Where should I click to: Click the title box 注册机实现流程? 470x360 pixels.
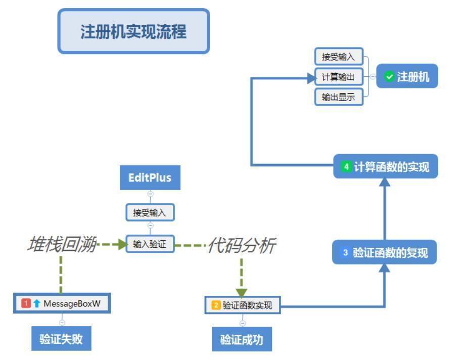click(x=133, y=31)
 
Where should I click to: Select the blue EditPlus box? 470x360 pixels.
click(x=150, y=178)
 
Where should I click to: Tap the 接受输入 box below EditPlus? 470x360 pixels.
click(x=150, y=213)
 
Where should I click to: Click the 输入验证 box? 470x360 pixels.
click(x=150, y=245)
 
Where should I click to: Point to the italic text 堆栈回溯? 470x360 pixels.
click(x=61, y=245)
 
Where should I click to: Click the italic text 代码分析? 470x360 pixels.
click(x=242, y=246)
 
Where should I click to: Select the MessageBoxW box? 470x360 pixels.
click(x=62, y=303)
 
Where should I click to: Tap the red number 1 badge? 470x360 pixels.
click(x=26, y=303)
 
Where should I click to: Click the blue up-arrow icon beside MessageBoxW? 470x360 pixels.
click(x=37, y=303)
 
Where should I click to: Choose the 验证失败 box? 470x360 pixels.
click(x=61, y=339)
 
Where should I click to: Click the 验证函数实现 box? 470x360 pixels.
click(x=242, y=305)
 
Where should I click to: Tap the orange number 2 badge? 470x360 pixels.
click(x=216, y=305)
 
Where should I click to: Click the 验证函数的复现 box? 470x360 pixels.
click(x=384, y=252)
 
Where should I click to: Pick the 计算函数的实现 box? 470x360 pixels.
click(x=386, y=167)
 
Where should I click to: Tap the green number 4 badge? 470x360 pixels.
click(x=346, y=167)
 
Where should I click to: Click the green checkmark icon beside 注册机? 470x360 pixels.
click(x=389, y=77)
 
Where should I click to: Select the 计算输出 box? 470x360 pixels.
click(x=339, y=77)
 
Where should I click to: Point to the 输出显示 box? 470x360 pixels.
click(x=339, y=97)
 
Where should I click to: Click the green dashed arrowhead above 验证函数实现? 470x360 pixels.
click(x=242, y=292)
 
